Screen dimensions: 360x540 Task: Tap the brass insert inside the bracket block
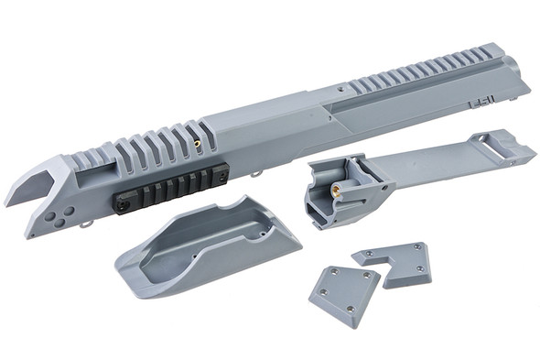pyautogui.click(x=336, y=190)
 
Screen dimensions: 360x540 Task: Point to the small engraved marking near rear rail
pyautogui.click(x=482, y=106)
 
